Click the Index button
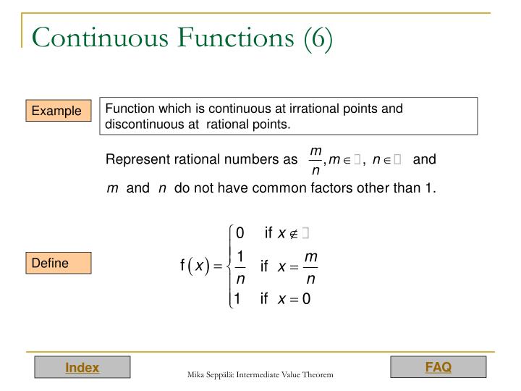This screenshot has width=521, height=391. [x=82, y=368]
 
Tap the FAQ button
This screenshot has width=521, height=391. [x=438, y=367]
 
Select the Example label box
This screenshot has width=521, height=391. [x=56, y=111]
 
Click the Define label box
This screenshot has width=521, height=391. [x=50, y=263]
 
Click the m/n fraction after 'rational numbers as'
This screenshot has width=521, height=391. [x=315, y=160]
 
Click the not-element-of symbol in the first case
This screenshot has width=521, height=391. [x=294, y=233]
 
